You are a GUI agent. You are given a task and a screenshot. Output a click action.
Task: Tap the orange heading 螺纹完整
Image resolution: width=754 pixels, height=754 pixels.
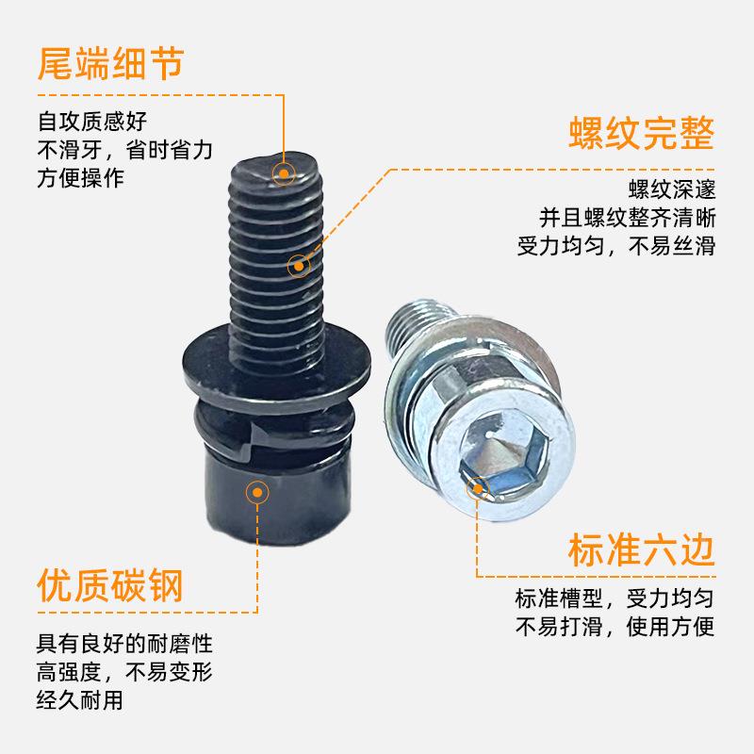tap(642, 134)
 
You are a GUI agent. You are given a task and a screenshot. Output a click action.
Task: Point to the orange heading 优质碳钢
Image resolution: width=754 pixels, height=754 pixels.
tap(109, 585)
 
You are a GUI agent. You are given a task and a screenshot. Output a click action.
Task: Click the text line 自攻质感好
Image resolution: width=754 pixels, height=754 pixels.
tap(92, 121)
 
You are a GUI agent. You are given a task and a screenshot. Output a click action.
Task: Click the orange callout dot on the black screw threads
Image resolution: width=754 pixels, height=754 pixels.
tap(298, 266)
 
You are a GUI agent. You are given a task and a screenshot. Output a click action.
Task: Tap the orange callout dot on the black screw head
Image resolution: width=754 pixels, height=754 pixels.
tap(256, 491)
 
